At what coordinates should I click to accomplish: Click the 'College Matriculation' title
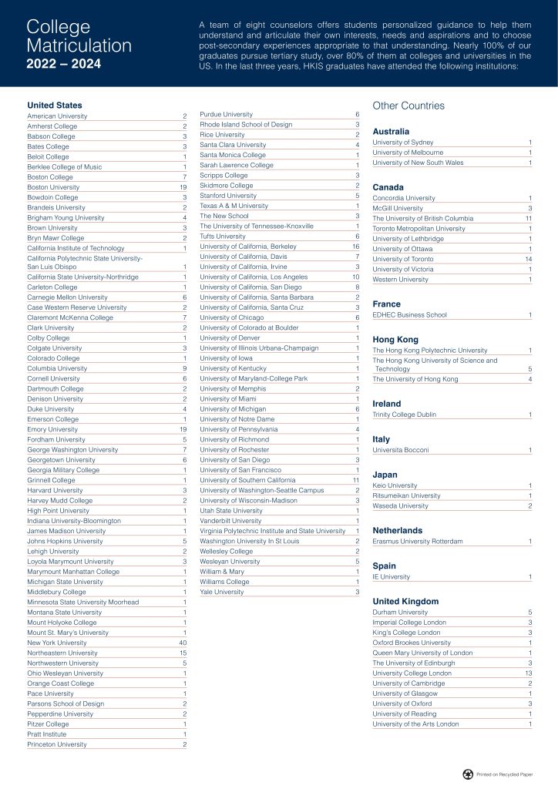tap(79, 36)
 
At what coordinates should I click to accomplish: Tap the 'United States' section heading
tap(54, 105)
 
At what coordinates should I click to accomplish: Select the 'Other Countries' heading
tap(408, 106)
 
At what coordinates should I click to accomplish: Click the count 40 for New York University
tap(183, 643)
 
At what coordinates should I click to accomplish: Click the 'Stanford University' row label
tap(228, 196)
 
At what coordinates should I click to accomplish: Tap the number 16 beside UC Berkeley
tap(355, 247)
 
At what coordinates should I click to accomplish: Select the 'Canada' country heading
tap(388, 187)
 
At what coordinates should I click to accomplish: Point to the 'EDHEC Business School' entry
tap(409, 315)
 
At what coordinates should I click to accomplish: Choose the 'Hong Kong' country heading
tap(395, 340)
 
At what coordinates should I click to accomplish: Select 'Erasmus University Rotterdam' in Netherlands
tap(418, 542)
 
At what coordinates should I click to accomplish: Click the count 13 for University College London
tap(528, 673)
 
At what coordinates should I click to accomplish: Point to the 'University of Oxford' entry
tap(402, 703)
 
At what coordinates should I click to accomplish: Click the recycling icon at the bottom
tap(468, 774)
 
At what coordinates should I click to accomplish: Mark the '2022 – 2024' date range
tap(63, 63)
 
